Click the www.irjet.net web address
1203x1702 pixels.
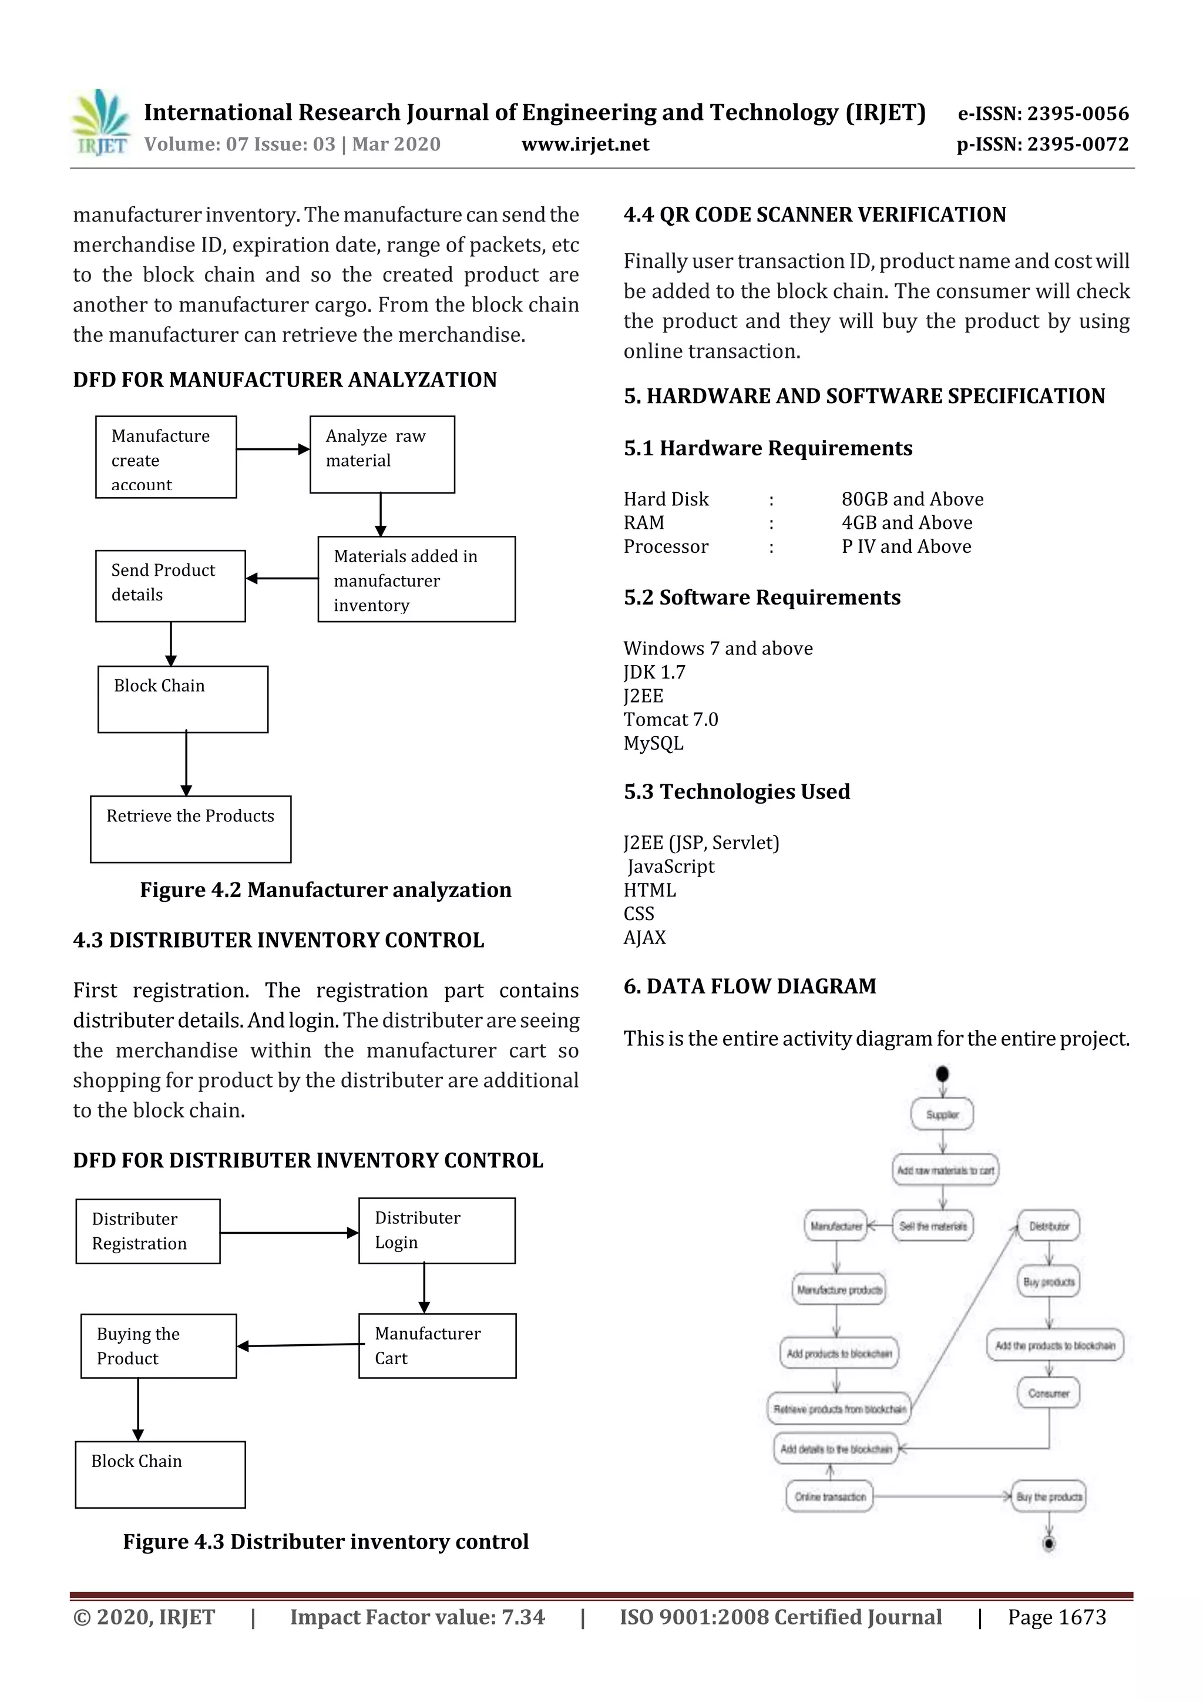click(x=585, y=145)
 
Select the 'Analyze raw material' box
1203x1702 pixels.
click(x=382, y=454)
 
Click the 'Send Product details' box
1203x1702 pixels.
click(x=170, y=586)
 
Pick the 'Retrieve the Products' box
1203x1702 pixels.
click(x=190, y=829)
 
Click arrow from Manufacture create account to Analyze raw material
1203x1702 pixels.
click(x=272, y=449)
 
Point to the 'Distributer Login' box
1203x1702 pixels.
click(x=436, y=1231)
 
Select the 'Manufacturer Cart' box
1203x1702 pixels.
click(x=436, y=1346)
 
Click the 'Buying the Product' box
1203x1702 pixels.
click(x=158, y=1346)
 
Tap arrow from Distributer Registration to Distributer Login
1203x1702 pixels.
click(x=289, y=1233)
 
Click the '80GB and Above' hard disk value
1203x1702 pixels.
click(x=912, y=499)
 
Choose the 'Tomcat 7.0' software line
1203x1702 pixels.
click(x=670, y=719)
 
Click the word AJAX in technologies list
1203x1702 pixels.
click(x=644, y=938)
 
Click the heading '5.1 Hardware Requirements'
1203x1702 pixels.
click(x=767, y=448)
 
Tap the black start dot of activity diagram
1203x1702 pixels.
click(x=942, y=1073)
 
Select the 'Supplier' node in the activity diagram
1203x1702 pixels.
click(x=942, y=1114)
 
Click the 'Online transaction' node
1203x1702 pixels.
click(x=829, y=1496)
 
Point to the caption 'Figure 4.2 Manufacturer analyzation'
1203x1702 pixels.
click(x=325, y=889)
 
